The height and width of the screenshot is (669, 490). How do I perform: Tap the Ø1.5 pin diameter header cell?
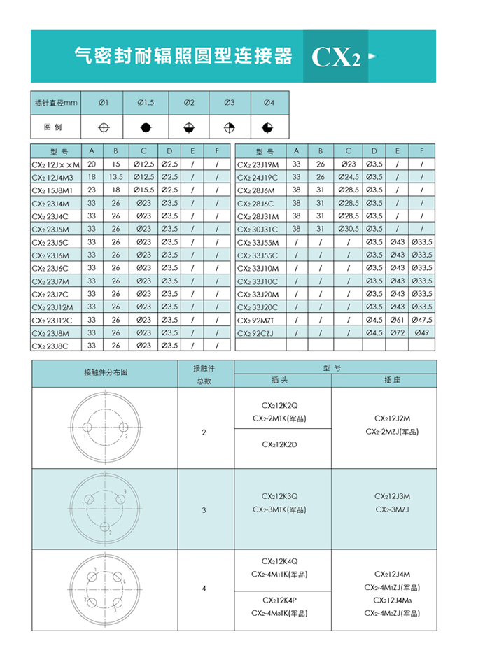click(145, 103)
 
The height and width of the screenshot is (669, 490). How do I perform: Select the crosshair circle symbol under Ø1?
click(104, 127)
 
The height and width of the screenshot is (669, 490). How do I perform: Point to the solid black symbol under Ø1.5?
click(145, 127)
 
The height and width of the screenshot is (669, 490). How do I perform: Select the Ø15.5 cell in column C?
click(143, 190)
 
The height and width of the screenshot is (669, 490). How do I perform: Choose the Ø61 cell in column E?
click(397, 320)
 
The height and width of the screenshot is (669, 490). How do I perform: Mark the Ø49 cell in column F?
click(421, 332)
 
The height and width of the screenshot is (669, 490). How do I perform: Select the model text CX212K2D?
click(280, 444)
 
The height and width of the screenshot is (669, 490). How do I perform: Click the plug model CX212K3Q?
click(280, 496)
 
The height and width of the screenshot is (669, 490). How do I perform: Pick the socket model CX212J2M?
click(393, 418)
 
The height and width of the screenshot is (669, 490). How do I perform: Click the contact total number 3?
click(204, 510)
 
